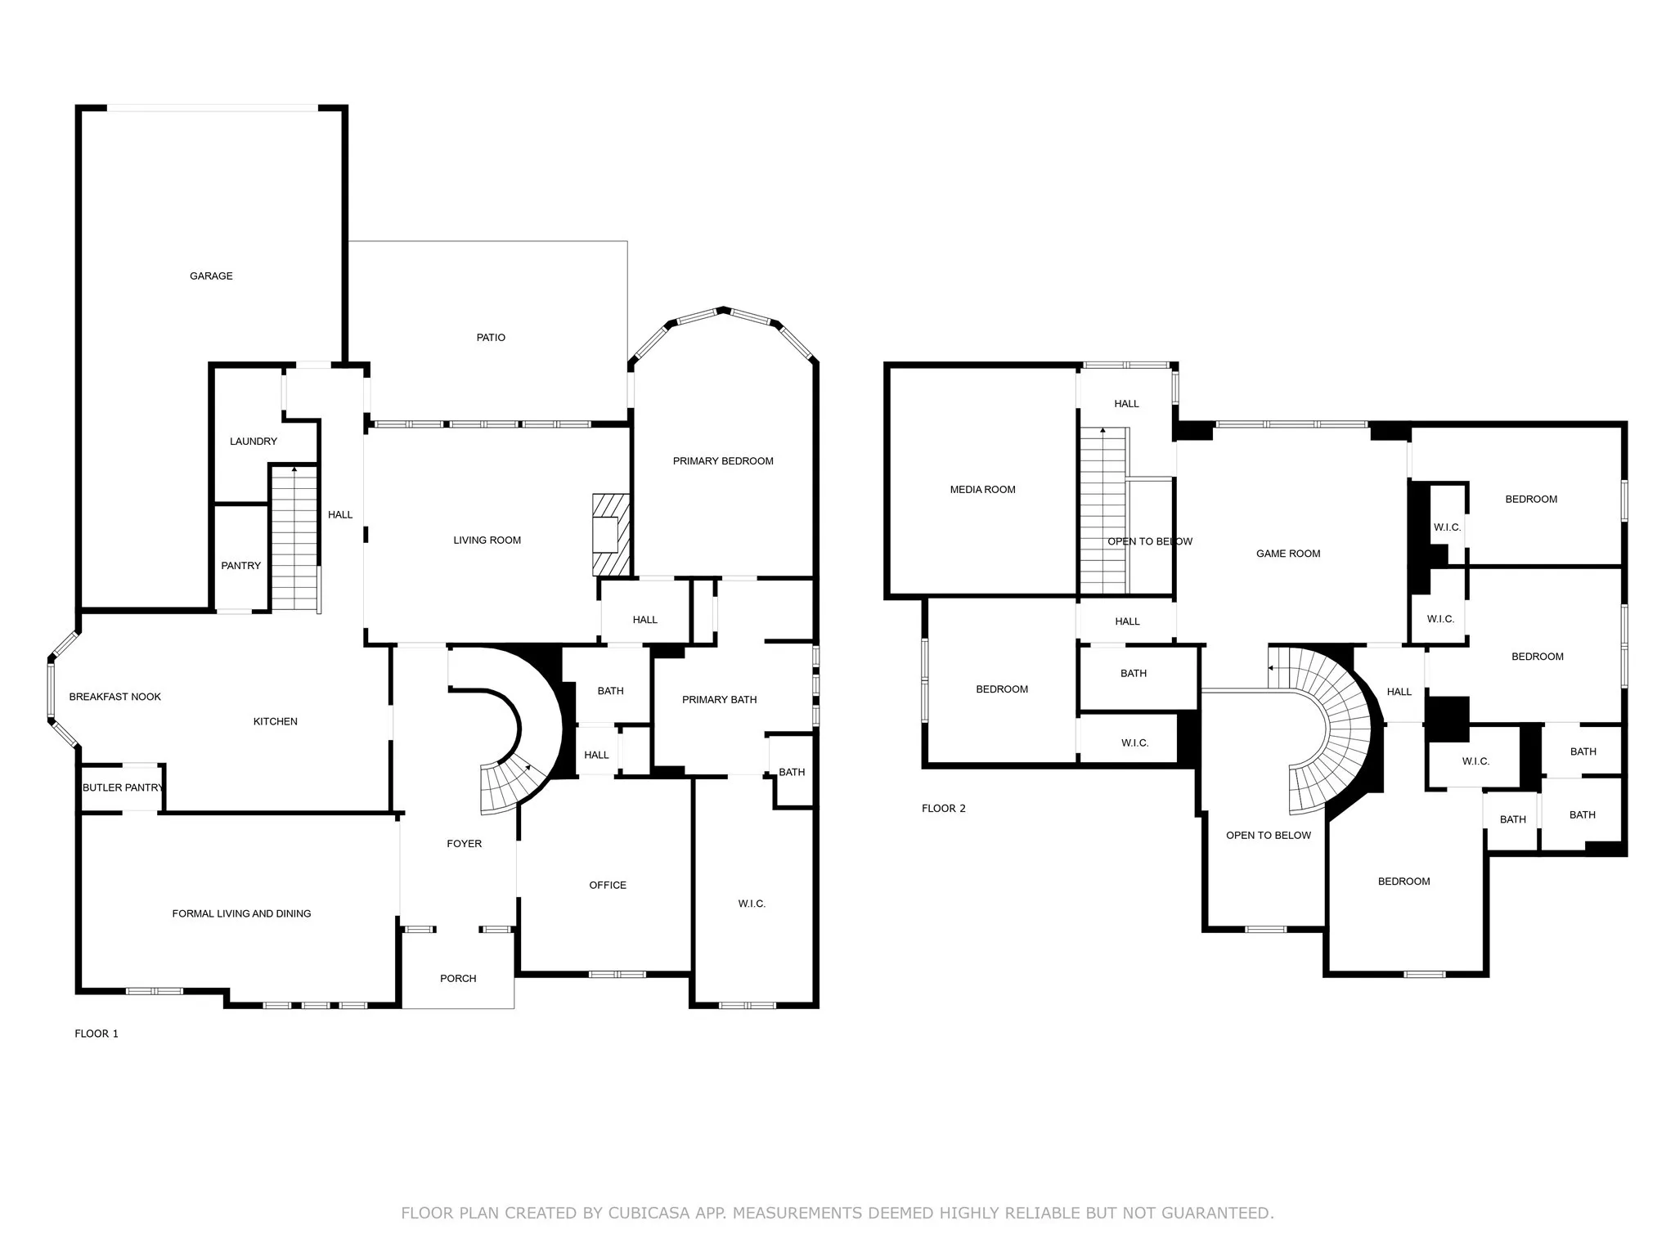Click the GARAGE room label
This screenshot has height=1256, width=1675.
tap(211, 276)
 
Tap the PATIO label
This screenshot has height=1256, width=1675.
tap(491, 338)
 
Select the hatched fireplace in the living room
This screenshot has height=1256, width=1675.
tap(611, 535)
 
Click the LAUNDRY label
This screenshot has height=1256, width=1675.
tap(253, 442)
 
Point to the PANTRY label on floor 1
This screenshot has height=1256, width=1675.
tap(240, 566)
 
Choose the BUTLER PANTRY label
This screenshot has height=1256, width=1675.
tap(123, 788)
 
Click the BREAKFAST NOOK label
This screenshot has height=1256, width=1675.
tap(115, 698)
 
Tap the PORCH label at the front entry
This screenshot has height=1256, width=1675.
tap(458, 979)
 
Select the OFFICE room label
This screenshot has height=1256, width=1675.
tap(608, 886)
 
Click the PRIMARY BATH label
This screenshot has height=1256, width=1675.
tap(719, 700)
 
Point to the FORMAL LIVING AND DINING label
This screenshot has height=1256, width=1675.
tap(241, 914)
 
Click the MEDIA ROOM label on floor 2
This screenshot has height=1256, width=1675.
tap(982, 490)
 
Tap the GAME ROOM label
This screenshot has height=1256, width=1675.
tap(1288, 554)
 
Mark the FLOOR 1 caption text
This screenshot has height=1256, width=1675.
tap(97, 1034)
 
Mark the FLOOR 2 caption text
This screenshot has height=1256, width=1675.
tap(943, 809)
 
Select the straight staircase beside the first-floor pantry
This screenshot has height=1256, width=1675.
tap(294, 540)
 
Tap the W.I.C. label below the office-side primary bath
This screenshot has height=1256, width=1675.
tap(752, 904)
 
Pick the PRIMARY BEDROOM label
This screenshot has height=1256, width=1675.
tap(723, 462)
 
